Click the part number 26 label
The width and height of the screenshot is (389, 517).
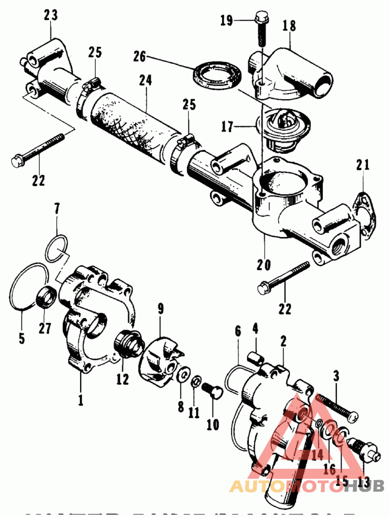pos(140,57)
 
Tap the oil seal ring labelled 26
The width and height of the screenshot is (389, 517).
pos(216,73)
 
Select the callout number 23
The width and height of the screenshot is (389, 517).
pos(50,16)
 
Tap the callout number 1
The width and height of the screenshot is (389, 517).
pos(80,400)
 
